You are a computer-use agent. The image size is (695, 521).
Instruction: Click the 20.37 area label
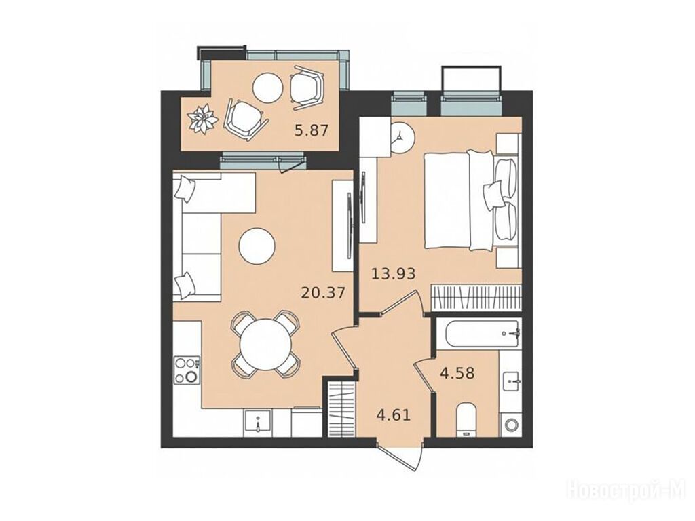point(322,292)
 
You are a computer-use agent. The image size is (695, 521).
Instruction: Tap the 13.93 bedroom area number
point(393,274)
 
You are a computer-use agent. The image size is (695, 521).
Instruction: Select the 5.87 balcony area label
point(312,130)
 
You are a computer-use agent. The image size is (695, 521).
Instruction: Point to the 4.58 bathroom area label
point(457,373)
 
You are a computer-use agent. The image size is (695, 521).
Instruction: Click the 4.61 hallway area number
point(393,416)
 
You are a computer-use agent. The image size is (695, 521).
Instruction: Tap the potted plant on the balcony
point(203,119)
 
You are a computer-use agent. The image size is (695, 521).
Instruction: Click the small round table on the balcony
point(267,88)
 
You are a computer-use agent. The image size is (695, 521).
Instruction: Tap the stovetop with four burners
point(187,370)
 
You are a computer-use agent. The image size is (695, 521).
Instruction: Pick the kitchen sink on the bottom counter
point(257,423)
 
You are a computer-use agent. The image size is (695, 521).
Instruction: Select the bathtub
point(478,334)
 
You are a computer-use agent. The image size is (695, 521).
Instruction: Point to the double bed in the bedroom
point(470,199)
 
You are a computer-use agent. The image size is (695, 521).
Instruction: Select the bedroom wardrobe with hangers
point(476,297)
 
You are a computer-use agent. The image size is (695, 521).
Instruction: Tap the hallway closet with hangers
point(342,409)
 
